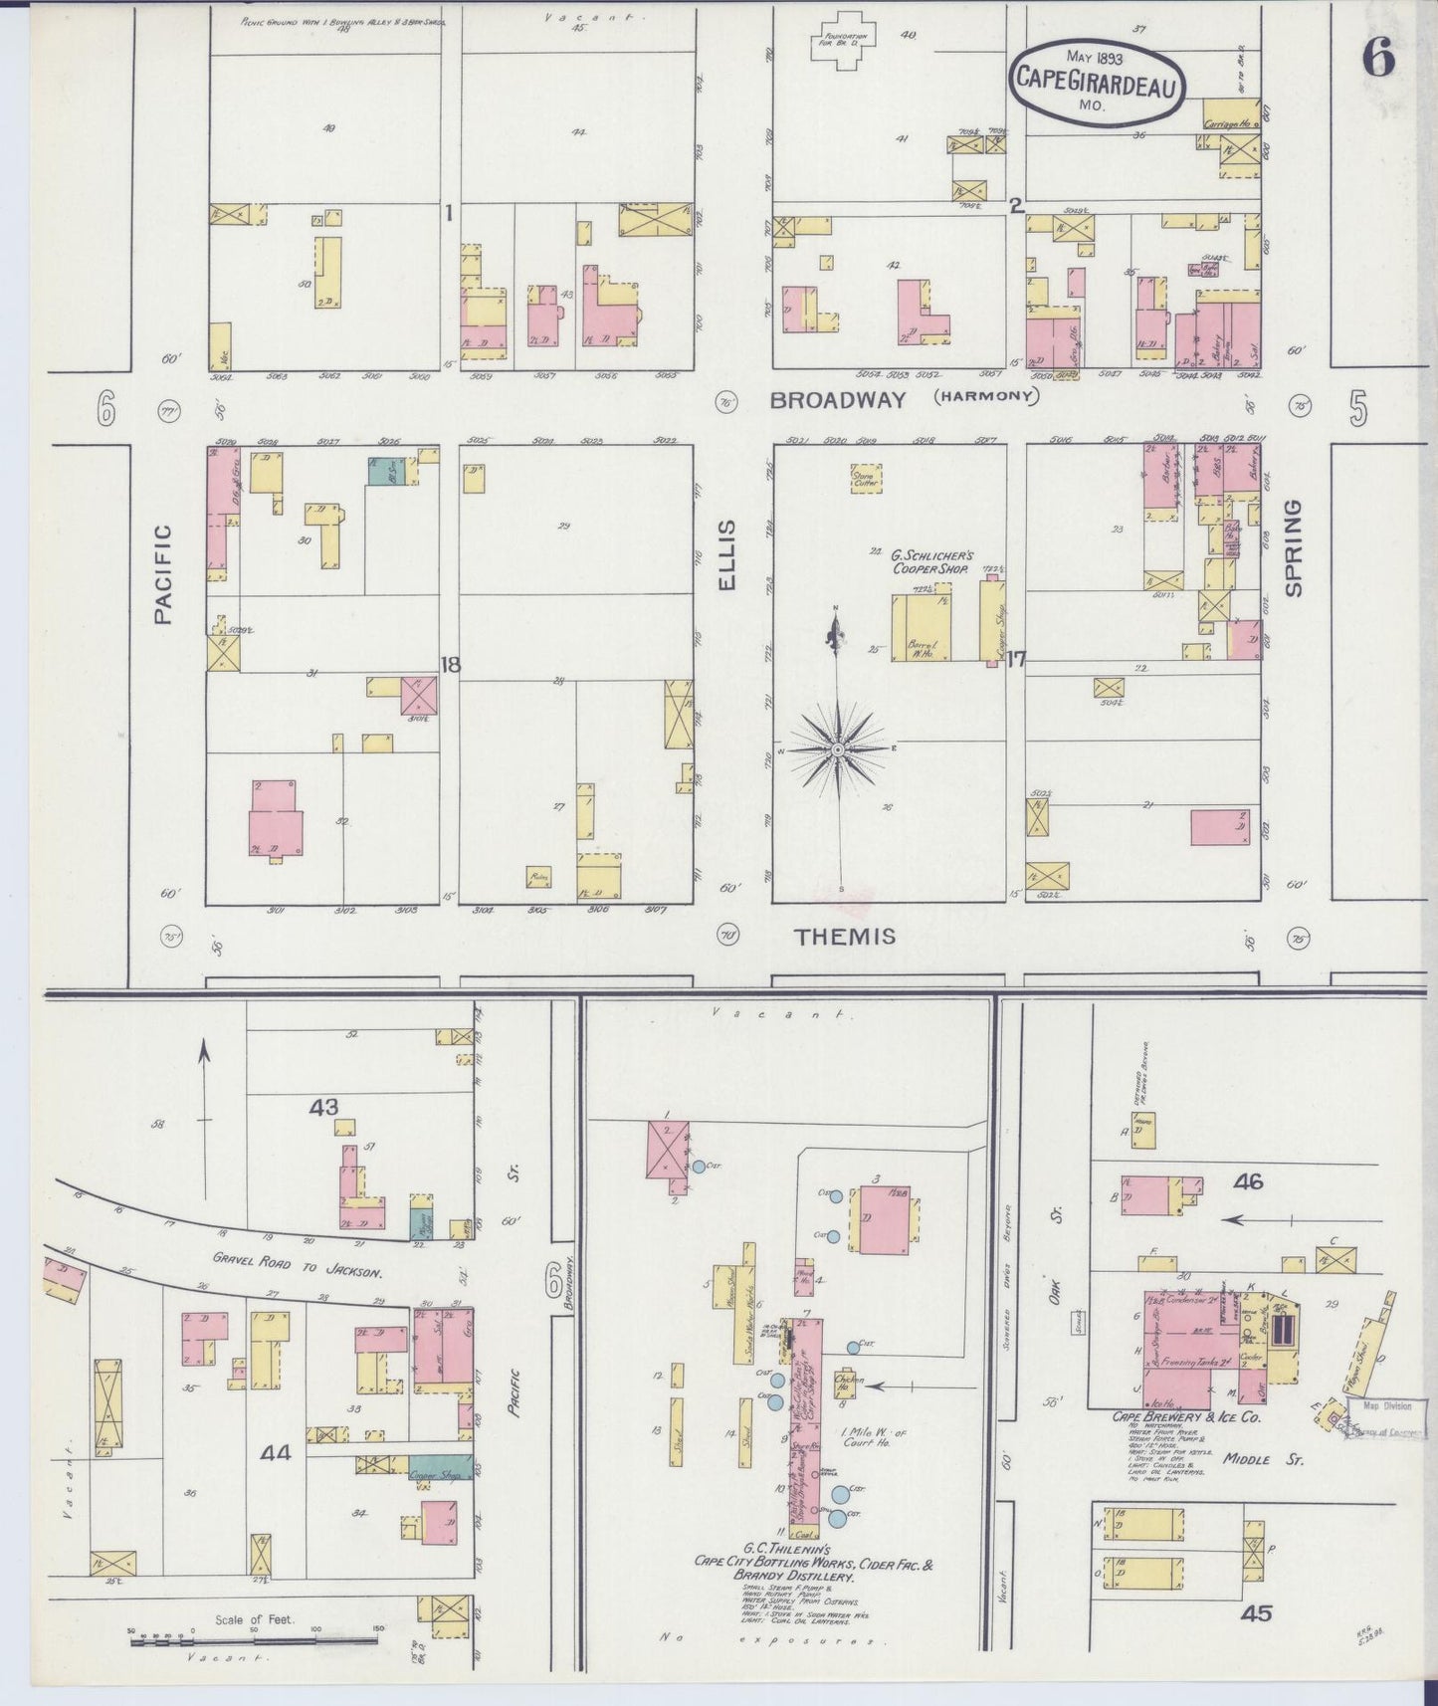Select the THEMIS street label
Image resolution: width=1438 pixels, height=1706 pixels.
pos(845,937)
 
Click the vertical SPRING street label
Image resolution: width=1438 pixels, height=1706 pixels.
pos(1293,548)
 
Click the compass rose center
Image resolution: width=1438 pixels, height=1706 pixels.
pos(838,748)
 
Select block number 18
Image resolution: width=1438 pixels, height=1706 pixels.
pos(451,665)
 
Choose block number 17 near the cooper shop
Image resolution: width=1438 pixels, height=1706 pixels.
pos(1016,658)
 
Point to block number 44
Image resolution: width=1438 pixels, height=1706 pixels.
pos(275,1453)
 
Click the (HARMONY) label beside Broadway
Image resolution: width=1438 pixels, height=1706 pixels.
pos(985,397)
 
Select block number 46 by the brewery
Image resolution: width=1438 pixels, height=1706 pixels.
pos(1248,1181)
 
